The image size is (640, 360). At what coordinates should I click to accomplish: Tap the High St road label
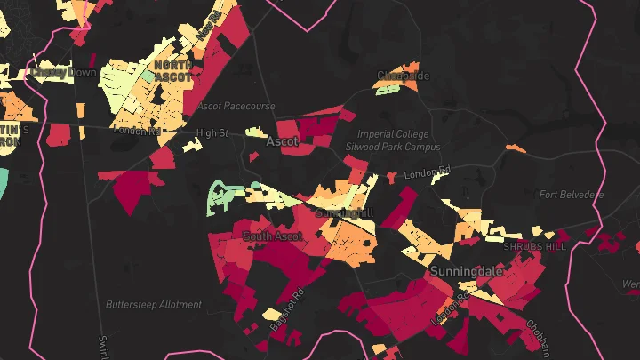tap(212, 132)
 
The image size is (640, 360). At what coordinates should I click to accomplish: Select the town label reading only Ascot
tap(282, 141)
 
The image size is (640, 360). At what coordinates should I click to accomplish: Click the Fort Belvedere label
tap(571, 195)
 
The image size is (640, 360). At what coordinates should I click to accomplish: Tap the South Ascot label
tap(272, 236)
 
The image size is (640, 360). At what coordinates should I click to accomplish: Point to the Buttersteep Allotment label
tap(153, 304)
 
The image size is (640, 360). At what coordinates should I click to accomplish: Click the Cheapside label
tap(403, 76)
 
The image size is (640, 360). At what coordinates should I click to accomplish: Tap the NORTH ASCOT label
tap(172, 71)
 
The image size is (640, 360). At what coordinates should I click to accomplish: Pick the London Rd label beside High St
tap(137, 131)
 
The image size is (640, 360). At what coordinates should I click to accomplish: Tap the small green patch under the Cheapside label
tap(388, 89)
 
